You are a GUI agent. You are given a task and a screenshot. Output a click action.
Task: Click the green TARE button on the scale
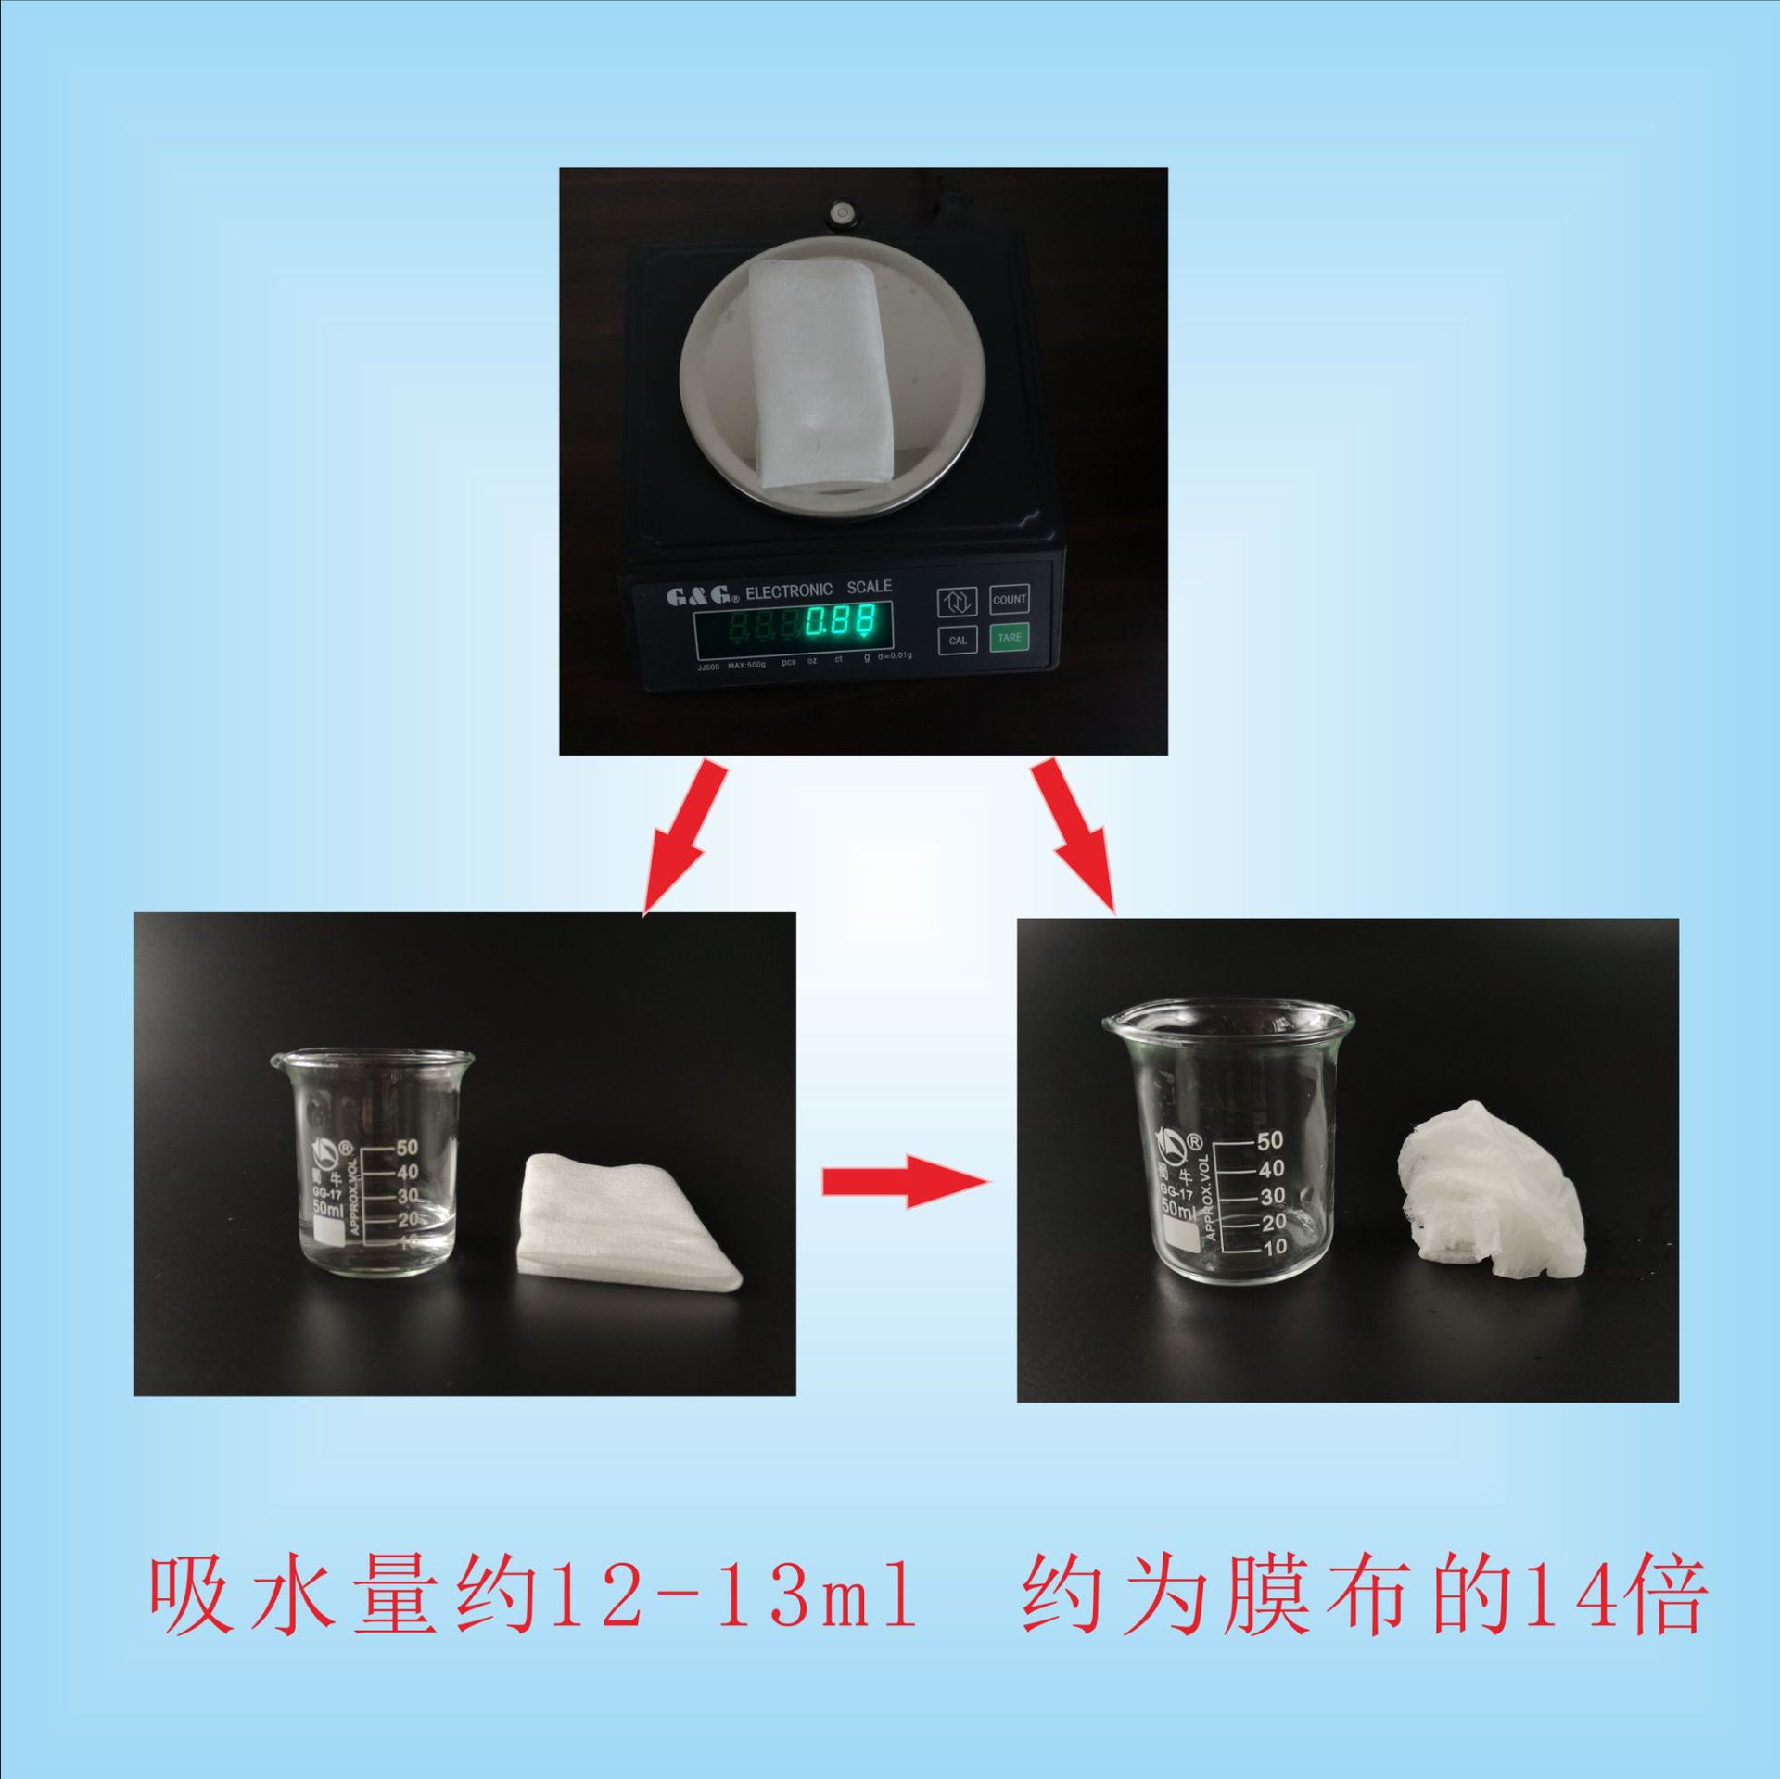[1009, 637]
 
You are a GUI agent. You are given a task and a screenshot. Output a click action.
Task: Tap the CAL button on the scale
[957, 640]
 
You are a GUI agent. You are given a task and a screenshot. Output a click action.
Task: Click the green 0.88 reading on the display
[840, 623]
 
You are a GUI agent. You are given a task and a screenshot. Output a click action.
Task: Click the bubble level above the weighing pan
[842, 212]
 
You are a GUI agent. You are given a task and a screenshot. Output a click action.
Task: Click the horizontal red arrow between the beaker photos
[905, 1181]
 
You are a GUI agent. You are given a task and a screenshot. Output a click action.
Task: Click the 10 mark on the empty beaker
[1275, 1247]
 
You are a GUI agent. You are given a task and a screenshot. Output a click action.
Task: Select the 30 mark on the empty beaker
[1272, 1196]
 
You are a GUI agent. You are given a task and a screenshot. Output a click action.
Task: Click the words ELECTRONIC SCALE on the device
[818, 590]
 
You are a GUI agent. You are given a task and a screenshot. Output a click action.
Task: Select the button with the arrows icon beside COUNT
[957, 602]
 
